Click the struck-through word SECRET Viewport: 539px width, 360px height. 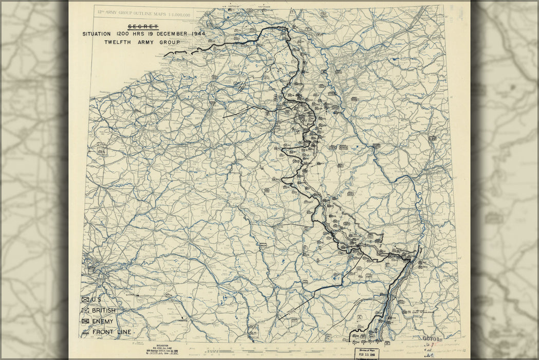pyautogui.click(x=143, y=27)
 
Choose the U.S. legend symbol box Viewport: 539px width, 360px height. pyautogui.click(x=85, y=299)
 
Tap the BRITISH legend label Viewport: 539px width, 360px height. pyautogui.click(x=104, y=311)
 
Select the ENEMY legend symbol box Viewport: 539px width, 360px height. pyautogui.click(x=85, y=321)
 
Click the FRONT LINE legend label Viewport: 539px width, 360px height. pyautogui.click(x=111, y=332)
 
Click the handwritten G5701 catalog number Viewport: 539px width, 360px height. pyautogui.click(x=431, y=338)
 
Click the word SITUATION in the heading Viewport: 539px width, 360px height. pyautogui.click(x=96, y=34)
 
